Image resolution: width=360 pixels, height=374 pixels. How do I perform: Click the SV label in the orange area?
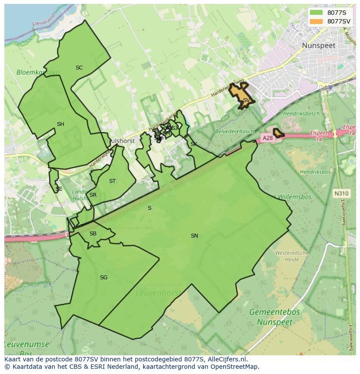[x=246, y=100]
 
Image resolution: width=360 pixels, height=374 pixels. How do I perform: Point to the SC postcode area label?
[x=79, y=68]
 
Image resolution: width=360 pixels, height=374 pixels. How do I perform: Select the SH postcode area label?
[x=60, y=124]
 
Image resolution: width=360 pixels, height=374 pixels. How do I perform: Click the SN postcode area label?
[x=194, y=236]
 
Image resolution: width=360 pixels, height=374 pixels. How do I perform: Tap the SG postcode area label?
[x=103, y=278]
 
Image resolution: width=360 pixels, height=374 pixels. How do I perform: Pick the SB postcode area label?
[x=93, y=234]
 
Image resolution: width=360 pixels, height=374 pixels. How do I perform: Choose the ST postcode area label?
[x=113, y=181]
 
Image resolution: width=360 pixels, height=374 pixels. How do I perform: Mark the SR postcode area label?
[x=93, y=195]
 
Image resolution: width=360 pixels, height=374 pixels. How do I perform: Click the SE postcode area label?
[x=59, y=189]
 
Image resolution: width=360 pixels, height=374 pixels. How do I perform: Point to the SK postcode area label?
[x=194, y=144]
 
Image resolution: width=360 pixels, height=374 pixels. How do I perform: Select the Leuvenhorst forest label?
[x=158, y=293]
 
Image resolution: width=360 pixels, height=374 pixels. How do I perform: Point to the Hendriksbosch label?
[x=301, y=114]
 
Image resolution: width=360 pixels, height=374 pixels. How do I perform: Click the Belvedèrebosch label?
[x=234, y=131]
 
